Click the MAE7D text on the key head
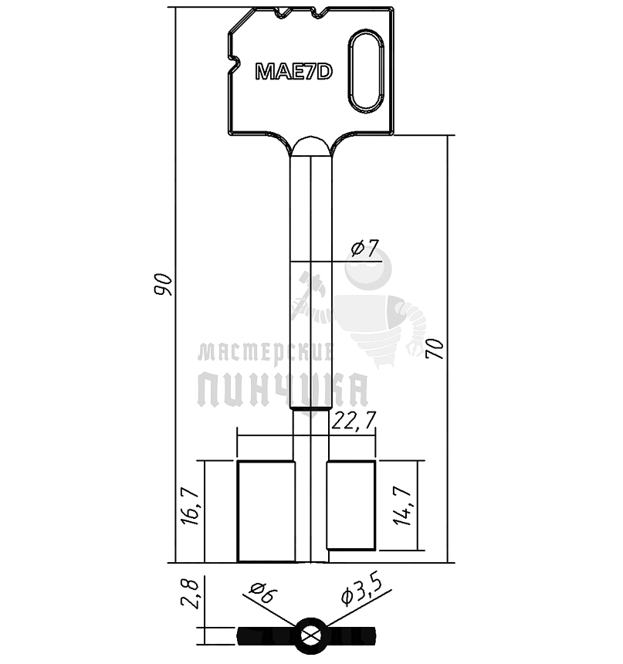pos(294,71)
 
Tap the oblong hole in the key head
pos(365,70)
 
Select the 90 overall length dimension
pos(163,285)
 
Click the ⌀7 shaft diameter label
pos(364,249)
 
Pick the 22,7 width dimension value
pos(354,421)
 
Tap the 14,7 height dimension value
pos(402,506)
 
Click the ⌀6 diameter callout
pos(263,593)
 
